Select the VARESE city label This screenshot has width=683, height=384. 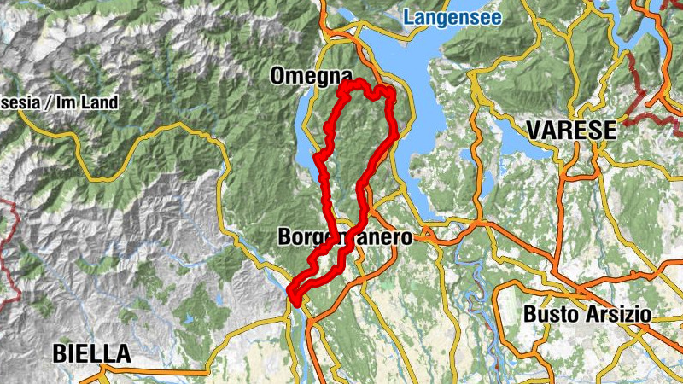pos(571,131)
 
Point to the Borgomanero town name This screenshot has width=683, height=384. pos(345,237)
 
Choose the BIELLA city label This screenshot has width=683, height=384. pos(91,352)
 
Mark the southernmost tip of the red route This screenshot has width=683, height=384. pos(294,300)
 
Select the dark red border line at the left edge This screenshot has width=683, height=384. pos(13,256)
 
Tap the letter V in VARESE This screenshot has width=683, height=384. pos(534,131)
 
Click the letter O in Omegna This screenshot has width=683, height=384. pos(278,75)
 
